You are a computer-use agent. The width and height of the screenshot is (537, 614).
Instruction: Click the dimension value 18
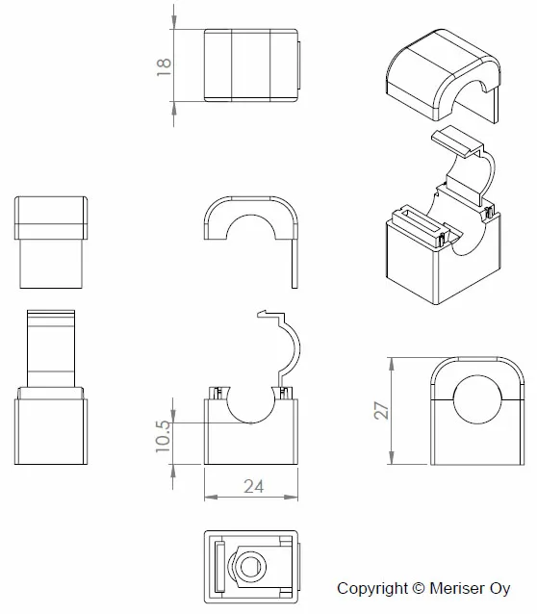click(x=164, y=67)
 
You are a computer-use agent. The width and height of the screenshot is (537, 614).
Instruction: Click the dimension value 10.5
click(x=164, y=437)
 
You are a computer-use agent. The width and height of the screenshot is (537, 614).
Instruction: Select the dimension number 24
click(x=254, y=486)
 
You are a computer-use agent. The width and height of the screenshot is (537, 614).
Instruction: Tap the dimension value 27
click(x=381, y=410)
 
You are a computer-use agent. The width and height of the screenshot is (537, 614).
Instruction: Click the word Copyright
click(x=372, y=589)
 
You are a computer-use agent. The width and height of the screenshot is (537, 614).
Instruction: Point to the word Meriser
click(x=457, y=588)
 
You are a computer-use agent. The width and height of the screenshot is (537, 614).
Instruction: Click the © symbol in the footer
click(x=419, y=588)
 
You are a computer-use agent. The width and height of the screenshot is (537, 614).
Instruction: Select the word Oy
click(x=499, y=589)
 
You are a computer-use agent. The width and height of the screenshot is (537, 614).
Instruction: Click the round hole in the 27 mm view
click(x=477, y=399)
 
